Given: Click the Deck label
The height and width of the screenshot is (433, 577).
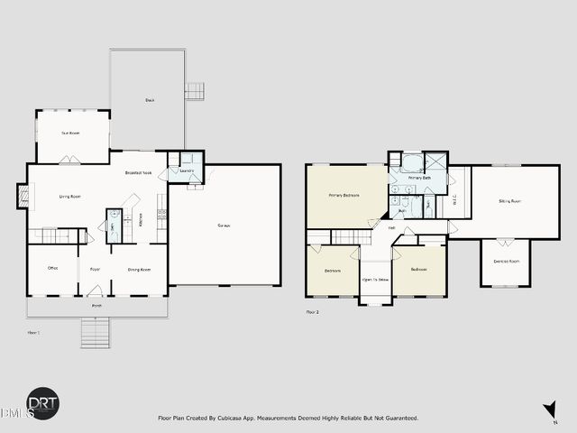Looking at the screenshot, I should coord(149,99).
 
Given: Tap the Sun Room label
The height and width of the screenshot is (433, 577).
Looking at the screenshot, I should coord(70,134).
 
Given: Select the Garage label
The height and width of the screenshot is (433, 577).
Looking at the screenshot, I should coord(222,225).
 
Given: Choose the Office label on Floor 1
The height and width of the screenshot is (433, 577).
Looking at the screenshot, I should coord(53,268).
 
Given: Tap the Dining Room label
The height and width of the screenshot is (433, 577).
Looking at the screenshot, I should coord(139,269).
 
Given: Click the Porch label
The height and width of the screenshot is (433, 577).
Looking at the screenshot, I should coord(96,306).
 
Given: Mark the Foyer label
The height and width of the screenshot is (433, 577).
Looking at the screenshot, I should coord(95,269).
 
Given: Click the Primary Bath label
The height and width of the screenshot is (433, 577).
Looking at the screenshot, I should coord(418,179).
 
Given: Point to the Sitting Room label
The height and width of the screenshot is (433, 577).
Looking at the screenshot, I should coord(510,201).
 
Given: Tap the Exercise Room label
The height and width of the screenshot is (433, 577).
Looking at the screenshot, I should coord(506,261).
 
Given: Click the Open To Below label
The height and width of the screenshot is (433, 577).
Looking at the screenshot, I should coord(376,280).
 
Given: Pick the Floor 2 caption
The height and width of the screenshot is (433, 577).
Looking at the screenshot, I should coord(313,312).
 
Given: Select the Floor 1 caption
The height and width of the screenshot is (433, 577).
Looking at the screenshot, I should coord(33,333).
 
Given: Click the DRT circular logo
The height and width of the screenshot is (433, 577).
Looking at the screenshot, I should coord(43,403).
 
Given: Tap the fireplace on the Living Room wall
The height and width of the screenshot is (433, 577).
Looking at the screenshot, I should coord(23,195).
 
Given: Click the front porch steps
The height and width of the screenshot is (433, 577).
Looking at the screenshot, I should coord(95,335).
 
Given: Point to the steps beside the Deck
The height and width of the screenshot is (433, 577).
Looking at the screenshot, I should coord(196,91).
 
